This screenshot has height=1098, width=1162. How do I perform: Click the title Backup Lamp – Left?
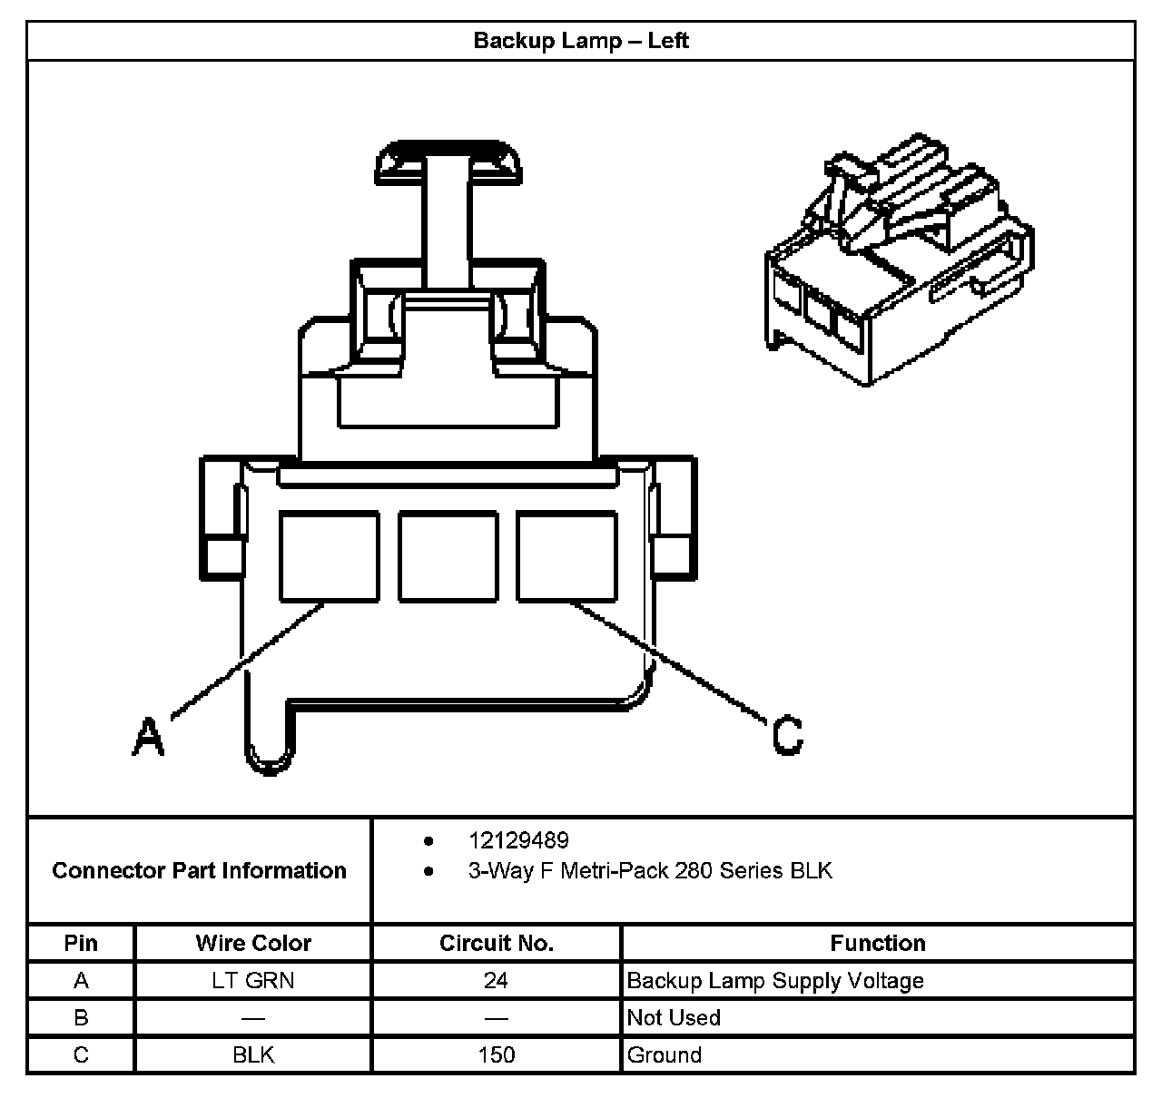click(x=581, y=41)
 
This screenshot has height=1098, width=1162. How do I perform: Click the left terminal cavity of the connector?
click(x=329, y=556)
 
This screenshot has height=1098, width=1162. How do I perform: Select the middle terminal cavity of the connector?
click(x=448, y=556)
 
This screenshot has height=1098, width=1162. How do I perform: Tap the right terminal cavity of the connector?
click(x=566, y=556)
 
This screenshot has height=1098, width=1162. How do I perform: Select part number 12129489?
click(x=518, y=840)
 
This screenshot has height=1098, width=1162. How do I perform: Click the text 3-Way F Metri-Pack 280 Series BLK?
click(x=650, y=871)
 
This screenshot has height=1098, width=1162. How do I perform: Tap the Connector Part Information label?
click(x=199, y=871)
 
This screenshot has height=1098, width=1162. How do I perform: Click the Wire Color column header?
click(x=253, y=944)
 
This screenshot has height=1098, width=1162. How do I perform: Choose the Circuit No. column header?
click(x=497, y=944)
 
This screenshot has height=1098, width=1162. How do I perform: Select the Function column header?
click(x=878, y=944)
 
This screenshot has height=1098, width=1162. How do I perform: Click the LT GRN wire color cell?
click(x=253, y=981)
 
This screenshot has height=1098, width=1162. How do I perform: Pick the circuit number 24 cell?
click(x=497, y=981)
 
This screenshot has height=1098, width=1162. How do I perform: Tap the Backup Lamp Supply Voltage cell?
click(x=775, y=981)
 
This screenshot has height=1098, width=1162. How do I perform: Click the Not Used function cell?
click(x=674, y=1018)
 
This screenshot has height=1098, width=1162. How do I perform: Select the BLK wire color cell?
click(x=253, y=1055)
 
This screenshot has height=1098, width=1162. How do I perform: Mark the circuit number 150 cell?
click(x=497, y=1055)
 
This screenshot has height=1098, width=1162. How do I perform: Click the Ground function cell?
click(x=665, y=1055)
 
